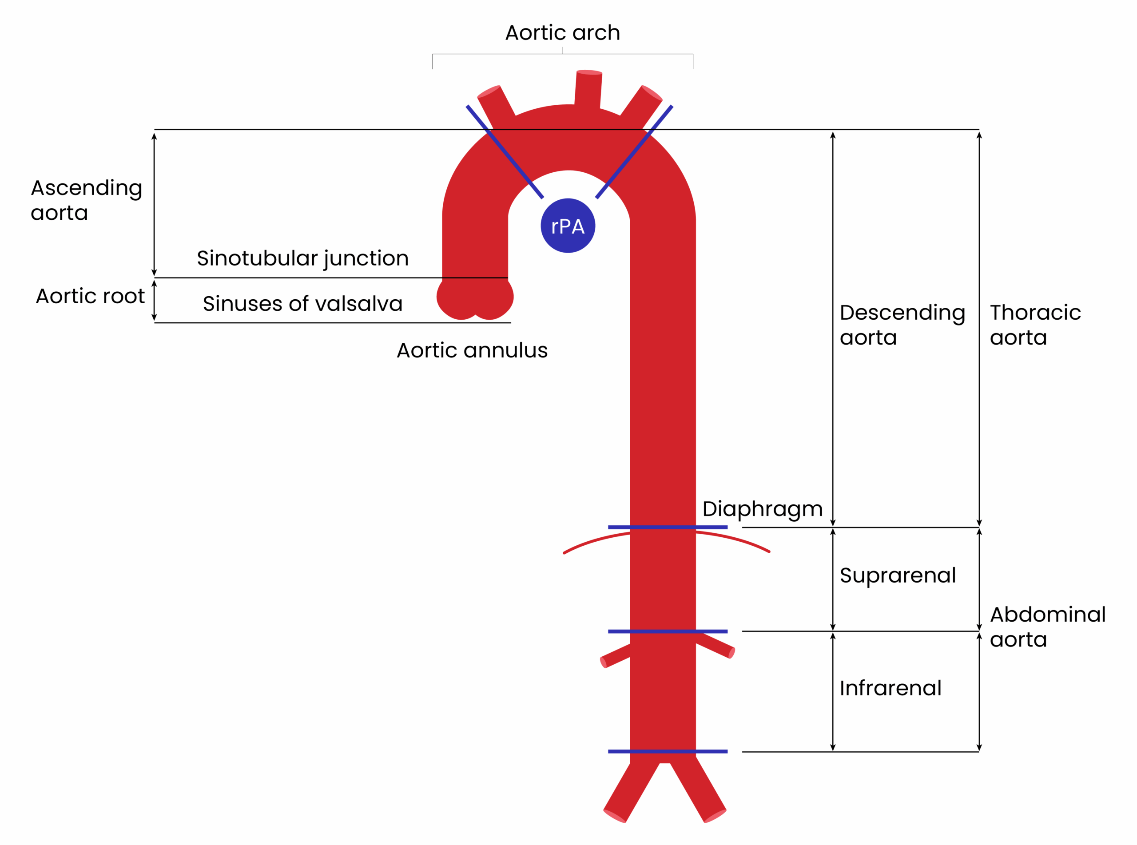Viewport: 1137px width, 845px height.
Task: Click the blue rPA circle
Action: (568, 226)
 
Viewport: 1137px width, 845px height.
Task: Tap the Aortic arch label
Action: (563, 33)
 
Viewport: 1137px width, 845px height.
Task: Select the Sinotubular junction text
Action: (303, 258)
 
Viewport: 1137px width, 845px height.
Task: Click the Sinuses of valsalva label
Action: (303, 304)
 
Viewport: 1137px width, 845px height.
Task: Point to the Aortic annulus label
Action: (472, 350)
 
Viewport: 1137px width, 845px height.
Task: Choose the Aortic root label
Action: (90, 296)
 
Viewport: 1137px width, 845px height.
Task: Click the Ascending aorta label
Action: (86, 200)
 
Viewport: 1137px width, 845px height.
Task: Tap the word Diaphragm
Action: (762, 509)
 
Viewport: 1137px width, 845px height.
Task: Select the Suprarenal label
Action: (898, 575)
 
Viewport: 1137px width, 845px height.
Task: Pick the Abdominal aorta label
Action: (1047, 627)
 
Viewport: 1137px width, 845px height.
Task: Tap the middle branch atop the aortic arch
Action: (588, 90)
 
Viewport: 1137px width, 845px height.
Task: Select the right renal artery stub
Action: (716, 646)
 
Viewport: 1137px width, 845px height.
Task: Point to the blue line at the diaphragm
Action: (668, 527)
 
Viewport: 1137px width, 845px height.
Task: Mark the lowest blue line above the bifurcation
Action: (668, 751)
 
